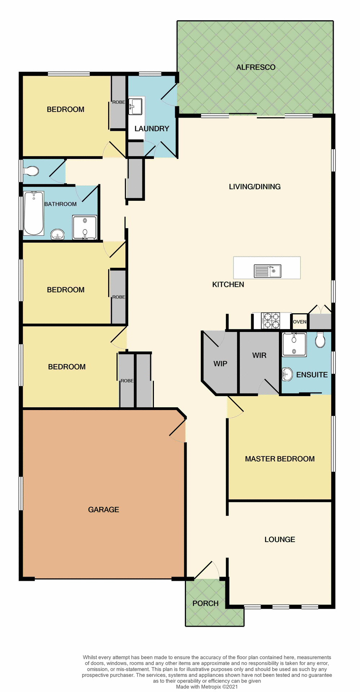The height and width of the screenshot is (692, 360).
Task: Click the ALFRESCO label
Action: pos(255,67)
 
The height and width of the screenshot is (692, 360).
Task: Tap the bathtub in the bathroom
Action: pos(34,213)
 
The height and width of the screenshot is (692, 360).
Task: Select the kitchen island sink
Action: pos(267,271)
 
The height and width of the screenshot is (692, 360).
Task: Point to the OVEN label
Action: pos(299,322)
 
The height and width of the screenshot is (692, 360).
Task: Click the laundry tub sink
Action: pos(135,106)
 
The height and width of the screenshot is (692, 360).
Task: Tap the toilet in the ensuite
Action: pos(320,340)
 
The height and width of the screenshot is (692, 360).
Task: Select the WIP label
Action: pos(220,364)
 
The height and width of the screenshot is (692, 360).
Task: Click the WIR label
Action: pos(259,355)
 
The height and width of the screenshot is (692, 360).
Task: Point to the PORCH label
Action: pos(205,603)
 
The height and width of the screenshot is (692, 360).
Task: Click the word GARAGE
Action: pos(103,510)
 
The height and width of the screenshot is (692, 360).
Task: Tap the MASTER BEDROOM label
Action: pos(280,459)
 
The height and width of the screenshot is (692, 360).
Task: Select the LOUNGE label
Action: pos(280,540)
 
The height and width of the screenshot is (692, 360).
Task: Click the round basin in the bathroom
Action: pos(57,235)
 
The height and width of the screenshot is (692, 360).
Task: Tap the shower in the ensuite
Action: pos(294,345)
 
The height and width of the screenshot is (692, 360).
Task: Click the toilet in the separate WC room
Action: pos(31,171)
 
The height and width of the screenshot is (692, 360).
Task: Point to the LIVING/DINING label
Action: pos(254,187)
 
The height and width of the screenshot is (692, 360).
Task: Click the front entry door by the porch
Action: pos(207,570)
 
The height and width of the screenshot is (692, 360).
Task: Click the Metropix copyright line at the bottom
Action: pos(207,687)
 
